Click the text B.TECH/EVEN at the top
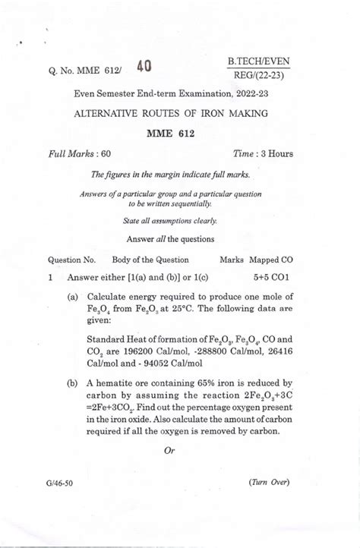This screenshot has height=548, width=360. (259, 61)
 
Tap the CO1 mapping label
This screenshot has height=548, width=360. (284, 278)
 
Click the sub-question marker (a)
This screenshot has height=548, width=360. (73, 298)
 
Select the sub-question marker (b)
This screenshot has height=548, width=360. (73, 383)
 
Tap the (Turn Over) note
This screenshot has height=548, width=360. (268, 483)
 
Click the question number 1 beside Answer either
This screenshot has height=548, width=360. (50, 278)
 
